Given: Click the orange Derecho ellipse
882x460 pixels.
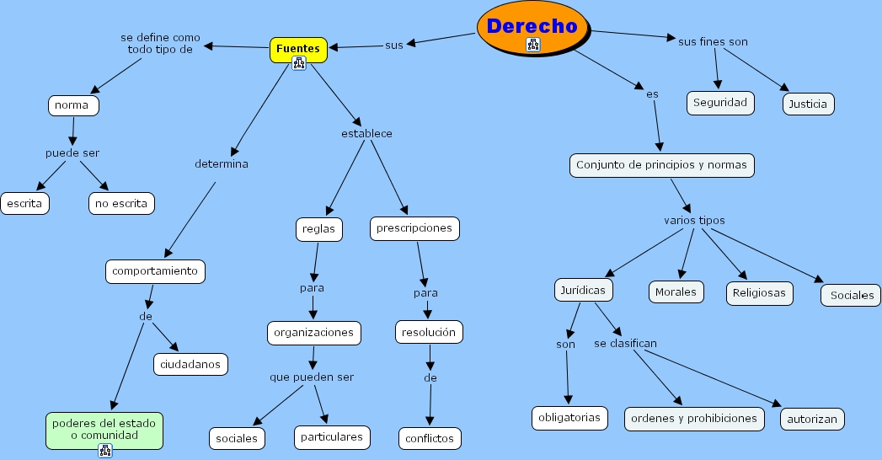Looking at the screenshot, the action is point(532,28).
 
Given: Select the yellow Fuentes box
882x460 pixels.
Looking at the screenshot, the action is point(298,50).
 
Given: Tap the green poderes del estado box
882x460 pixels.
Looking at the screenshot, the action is point(104,431).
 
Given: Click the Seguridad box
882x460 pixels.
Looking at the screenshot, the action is point(720,103).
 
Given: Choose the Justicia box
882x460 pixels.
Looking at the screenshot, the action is point(808,104).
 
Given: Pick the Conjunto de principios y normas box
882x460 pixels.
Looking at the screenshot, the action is point(661,165).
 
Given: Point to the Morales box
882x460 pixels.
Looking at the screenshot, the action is point(676,292).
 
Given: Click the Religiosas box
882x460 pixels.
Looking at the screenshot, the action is point(759,293).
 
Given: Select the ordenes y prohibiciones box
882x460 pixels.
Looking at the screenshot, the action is point(694,419).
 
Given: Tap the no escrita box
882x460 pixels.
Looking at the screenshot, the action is point(121,204).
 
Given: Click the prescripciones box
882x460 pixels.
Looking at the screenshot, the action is point(414,228).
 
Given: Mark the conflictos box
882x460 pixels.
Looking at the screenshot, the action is point(430,439).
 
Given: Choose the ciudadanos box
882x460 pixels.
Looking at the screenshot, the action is point(190,365).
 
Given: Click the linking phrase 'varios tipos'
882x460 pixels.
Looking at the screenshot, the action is point(694,221).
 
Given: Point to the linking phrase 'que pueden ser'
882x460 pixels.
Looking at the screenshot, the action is point(312,377).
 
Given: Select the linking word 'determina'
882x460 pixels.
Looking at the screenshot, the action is point(222,163).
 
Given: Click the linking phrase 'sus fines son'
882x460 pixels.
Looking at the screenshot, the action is point(713,41).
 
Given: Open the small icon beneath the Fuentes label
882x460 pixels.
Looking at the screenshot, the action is point(299,63).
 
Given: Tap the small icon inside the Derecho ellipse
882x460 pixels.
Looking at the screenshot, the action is point(532,45).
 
